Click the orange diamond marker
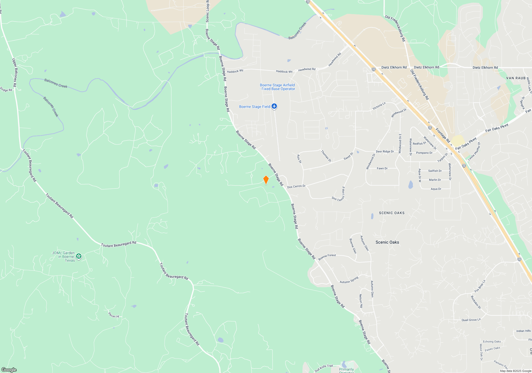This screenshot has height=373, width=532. [x=266, y=180]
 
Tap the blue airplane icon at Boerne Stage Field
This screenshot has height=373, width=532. [x=274, y=107]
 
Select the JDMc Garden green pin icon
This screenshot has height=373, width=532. [x=79, y=256]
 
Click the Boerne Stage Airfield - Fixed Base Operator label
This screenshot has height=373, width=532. [x=277, y=87]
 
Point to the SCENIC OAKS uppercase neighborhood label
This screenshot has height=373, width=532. [x=392, y=213]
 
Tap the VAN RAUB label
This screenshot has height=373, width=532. [x=516, y=78]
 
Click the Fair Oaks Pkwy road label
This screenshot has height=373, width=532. [x=497, y=128]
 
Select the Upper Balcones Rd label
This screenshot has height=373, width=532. [x=15, y=72]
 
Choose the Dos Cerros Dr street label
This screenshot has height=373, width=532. [x=296, y=186]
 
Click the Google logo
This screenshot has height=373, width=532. [x=9, y=370]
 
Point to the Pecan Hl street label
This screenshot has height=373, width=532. [x=114, y=315]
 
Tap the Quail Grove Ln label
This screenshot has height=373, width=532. [x=471, y=320]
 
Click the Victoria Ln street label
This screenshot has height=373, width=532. [x=379, y=106]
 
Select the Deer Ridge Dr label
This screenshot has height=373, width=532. [x=385, y=151]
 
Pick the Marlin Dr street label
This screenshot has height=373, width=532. [x=435, y=180]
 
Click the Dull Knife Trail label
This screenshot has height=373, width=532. [x=324, y=368]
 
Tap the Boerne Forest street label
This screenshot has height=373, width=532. [x=327, y=257]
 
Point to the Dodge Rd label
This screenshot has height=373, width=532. [x=6, y=90]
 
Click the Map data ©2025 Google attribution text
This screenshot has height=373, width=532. [x=516, y=371]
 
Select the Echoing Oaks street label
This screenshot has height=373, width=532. [x=492, y=342]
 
